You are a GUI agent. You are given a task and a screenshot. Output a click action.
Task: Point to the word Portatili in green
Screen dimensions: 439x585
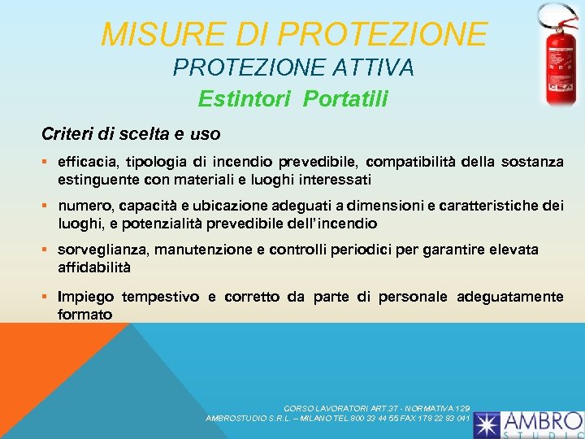tap(347, 99)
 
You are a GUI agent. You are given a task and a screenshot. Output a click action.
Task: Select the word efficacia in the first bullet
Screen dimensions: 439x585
tap(89, 162)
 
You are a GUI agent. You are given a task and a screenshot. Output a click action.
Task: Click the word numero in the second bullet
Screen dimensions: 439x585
tap(84, 206)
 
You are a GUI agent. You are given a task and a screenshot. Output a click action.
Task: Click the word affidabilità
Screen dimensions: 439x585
tap(94, 267)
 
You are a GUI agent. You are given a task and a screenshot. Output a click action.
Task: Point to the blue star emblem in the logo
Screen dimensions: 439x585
tap(487, 424)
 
